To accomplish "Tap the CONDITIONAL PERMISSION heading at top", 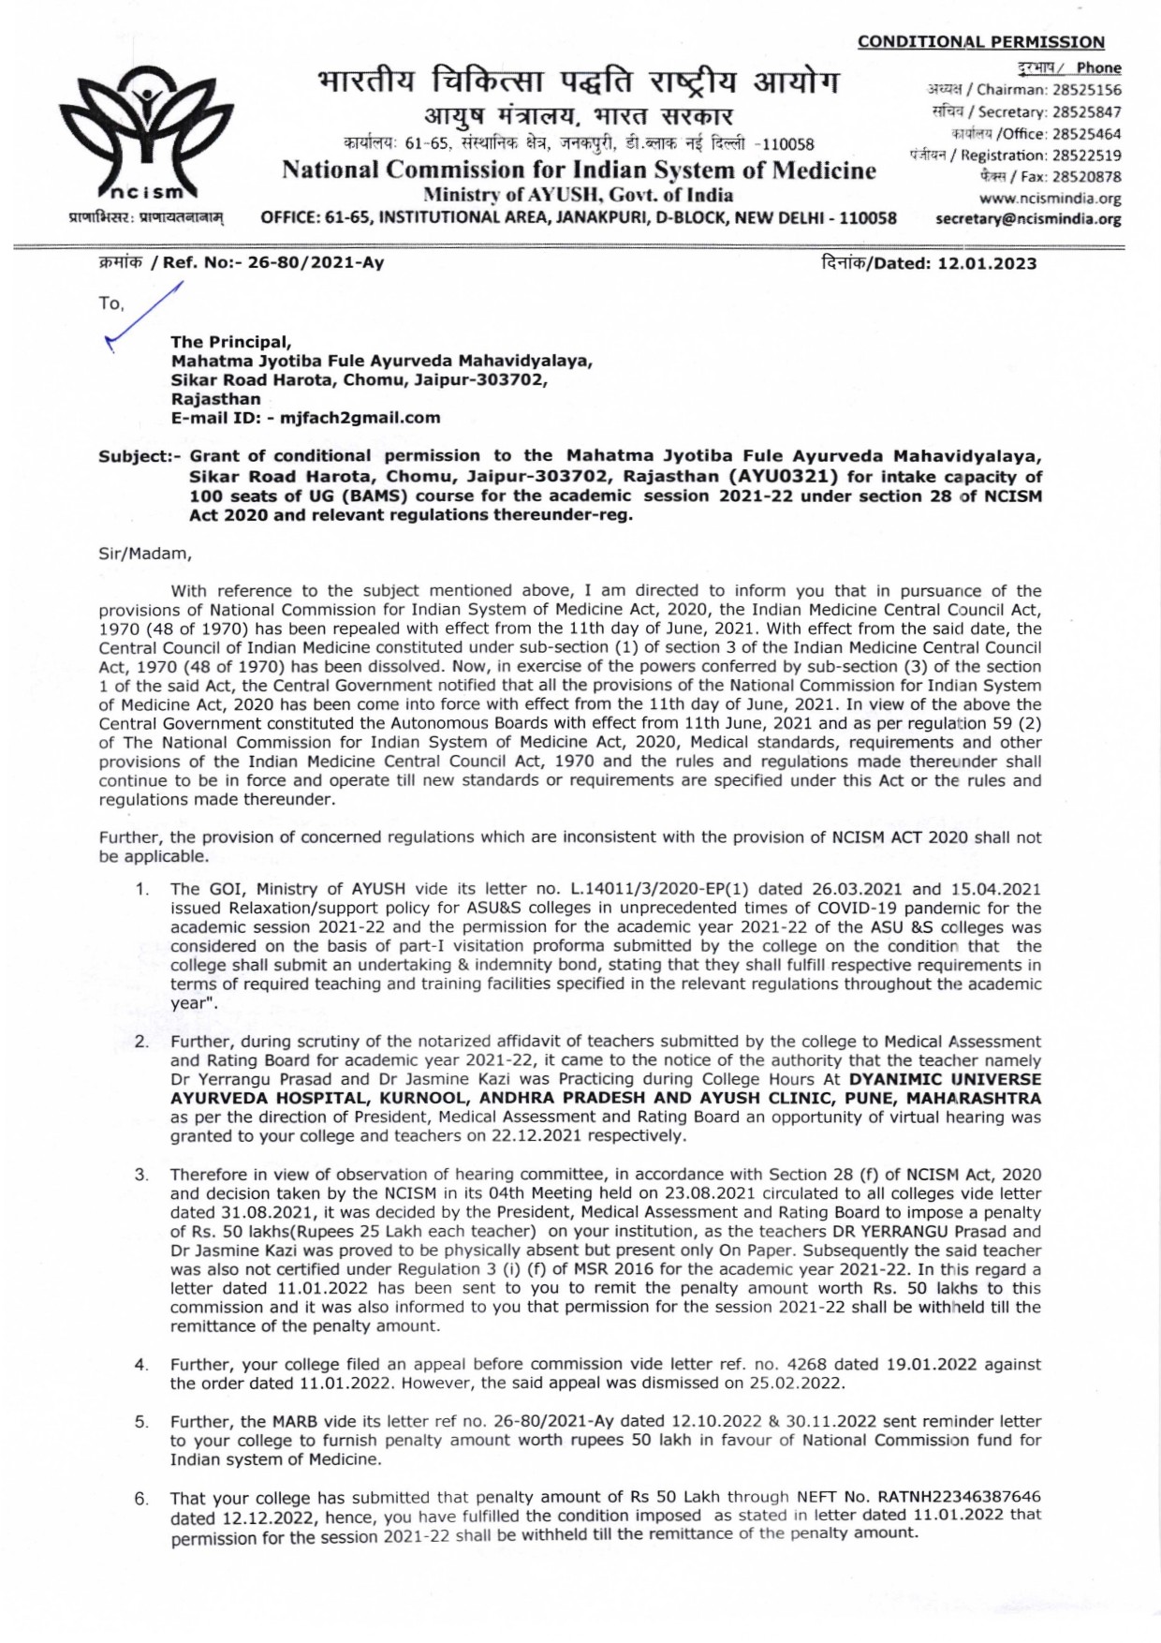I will [x=980, y=42].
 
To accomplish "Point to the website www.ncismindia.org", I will [x=1050, y=199].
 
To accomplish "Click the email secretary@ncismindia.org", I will [x=1028, y=219].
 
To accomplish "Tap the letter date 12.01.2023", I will [x=987, y=264].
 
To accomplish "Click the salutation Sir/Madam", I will [x=145, y=554].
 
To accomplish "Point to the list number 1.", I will [x=140, y=889].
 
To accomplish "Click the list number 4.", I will [x=140, y=1365].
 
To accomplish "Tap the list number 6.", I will [x=140, y=1499].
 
